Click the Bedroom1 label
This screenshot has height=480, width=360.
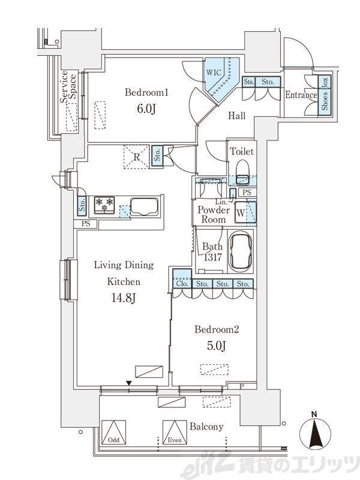pos(146,92)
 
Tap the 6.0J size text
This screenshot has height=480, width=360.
pos(146,109)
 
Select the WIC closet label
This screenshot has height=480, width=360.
pos(214,73)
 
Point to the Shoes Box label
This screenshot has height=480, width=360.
pos(325,94)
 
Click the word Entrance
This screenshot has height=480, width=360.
pos(301,95)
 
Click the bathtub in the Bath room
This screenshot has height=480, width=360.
pos(241,251)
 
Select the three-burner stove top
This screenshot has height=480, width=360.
pos(104,205)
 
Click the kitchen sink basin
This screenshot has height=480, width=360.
pos(144,206)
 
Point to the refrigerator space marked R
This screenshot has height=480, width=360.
pos(136,157)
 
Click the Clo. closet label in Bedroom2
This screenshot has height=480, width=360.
pos(182,284)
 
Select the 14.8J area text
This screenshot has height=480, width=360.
pos(124,298)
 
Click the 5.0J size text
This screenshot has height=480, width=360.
pos(217,346)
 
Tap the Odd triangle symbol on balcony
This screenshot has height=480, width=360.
pos(113,432)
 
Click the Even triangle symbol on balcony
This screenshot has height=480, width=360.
pos(175,432)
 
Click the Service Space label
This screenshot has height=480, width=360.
pos(68,86)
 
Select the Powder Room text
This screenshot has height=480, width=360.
pos(214,215)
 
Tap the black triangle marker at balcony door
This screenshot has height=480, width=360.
pos(129,383)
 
